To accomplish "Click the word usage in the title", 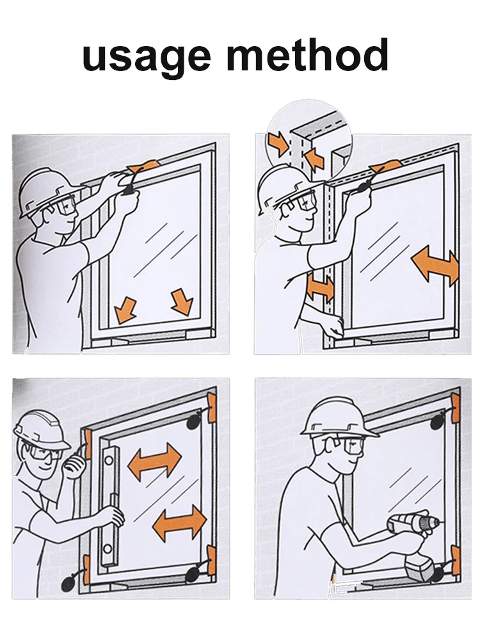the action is pyautogui.click(x=146, y=57).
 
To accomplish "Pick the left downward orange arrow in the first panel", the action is pyautogui.click(x=125, y=309).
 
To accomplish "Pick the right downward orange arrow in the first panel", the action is pyautogui.click(x=182, y=301).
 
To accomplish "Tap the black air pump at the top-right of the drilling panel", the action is pyautogui.click(x=440, y=420).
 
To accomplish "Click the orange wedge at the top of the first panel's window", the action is pyautogui.click(x=142, y=166).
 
